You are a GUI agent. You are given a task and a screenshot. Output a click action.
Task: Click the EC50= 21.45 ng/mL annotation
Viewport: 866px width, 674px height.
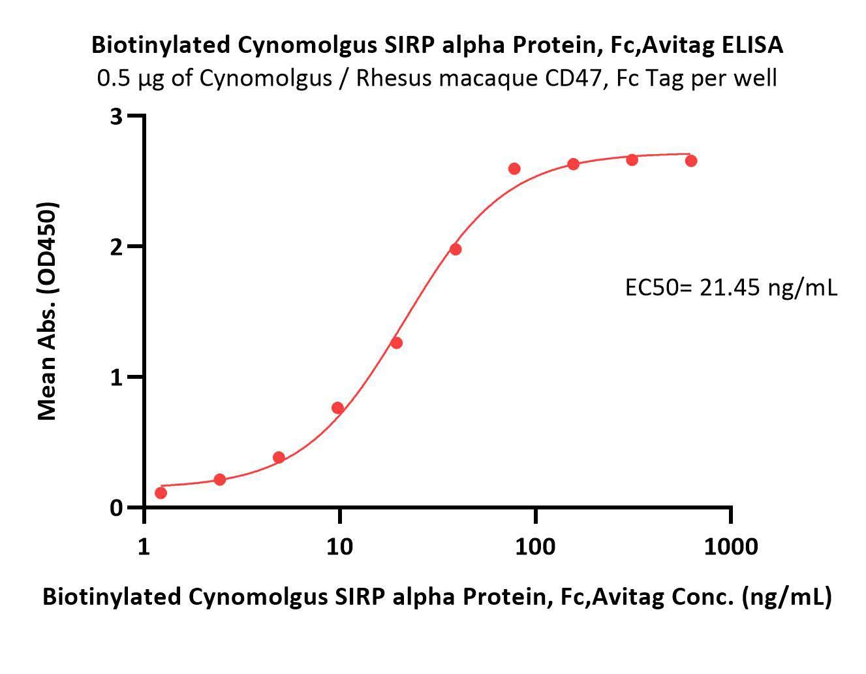click(x=730, y=287)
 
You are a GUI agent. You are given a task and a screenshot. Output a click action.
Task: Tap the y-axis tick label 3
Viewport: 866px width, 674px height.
click(x=117, y=116)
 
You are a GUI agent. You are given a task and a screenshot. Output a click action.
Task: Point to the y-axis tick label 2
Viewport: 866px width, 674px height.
click(x=117, y=246)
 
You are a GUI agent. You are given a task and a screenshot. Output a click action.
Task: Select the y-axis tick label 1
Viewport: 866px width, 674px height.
click(x=117, y=377)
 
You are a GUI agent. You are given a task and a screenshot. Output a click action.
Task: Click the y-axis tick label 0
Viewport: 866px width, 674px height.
click(x=117, y=507)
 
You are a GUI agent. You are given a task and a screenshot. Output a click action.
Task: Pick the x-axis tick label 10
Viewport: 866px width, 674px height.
click(x=339, y=546)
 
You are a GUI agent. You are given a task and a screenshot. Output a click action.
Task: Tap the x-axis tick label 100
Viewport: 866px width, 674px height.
click(x=535, y=546)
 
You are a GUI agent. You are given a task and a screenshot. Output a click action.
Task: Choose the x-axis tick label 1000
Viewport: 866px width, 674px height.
click(x=731, y=546)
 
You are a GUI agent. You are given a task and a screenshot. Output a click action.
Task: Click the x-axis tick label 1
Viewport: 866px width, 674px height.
click(x=144, y=546)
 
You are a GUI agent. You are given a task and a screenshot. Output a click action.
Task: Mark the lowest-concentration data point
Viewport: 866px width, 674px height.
click(x=161, y=492)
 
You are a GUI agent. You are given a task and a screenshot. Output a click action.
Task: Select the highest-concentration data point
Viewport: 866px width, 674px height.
click(x=691, y=161)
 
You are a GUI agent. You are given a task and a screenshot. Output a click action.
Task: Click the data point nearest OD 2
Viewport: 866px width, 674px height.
click(x=456, y=249)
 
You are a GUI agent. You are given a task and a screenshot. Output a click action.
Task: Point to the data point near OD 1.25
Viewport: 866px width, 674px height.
click(x=396, y=343)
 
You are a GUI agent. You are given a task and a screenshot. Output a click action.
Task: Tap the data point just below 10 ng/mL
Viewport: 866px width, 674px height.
click(x=337, y=408)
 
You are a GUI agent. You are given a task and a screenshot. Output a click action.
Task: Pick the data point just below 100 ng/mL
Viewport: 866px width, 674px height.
click(x=514, y=168)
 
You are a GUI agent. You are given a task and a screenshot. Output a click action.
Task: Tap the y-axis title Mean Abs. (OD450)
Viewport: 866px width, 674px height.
click(x=47, y=311)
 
